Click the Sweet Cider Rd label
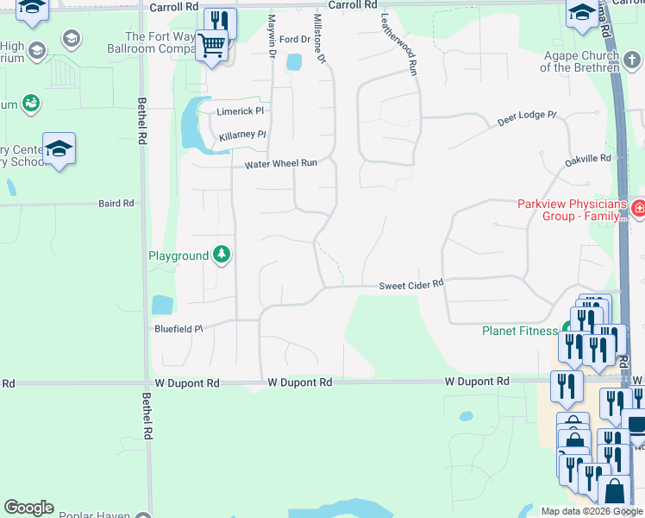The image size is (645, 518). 411,284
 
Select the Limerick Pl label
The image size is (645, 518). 240,111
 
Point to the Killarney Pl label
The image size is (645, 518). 242,136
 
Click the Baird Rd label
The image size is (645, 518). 116,204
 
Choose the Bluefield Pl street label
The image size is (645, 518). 178,329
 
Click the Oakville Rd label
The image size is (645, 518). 587,159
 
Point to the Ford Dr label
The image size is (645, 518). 293,40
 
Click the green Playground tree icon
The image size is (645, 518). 222,254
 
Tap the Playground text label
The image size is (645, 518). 178,256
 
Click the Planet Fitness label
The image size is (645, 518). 520,331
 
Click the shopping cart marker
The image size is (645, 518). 211,44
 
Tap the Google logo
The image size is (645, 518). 28,508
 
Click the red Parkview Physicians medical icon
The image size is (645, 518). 638,207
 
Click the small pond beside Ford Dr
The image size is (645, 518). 294,62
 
